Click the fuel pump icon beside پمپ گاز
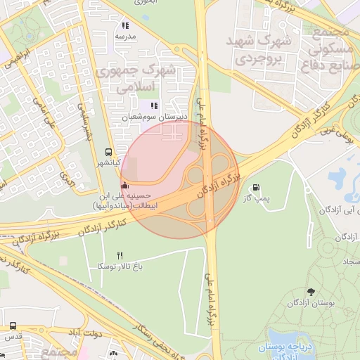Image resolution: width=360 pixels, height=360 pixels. click(x=255, y=188)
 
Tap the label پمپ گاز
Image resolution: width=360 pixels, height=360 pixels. click(x=257, y=199)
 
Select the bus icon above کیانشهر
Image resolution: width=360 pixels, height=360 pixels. click(x=108, y=151)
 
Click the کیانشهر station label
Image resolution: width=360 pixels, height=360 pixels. click(x=109, y=162)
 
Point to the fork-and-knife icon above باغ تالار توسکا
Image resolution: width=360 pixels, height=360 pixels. click(x=120, y=255)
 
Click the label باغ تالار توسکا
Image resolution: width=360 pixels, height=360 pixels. click(x=120, y=266)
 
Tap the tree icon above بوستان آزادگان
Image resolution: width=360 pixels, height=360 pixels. click(x=310, y=291)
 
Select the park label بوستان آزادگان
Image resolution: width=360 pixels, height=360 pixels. click(x=310, y=302)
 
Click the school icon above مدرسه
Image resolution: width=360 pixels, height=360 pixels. click(x=125, y=25)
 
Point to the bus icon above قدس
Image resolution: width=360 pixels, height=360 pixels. click(x=13, y=326)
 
